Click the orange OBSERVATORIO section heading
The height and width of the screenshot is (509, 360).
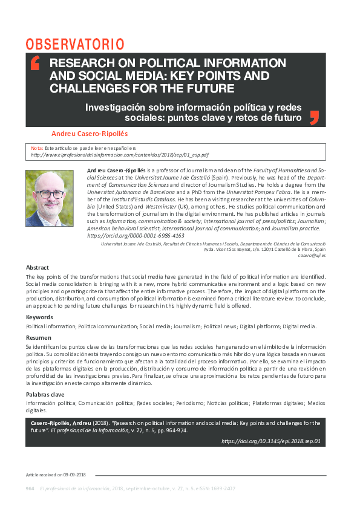[x=75, y=44]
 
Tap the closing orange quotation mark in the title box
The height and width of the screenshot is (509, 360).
[x=313, y=117]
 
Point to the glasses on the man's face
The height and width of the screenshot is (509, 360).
[x=49, y=193]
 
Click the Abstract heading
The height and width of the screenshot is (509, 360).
[x=38, y=267]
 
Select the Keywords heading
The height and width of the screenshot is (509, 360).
[x=39, y=317]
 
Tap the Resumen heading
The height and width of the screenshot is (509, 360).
[x=39, y=337]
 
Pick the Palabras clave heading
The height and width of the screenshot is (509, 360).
[x=45, y=394]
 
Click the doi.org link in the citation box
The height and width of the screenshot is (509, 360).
[x=271, y=441]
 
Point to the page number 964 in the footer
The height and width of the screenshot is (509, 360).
[x=30, y=488]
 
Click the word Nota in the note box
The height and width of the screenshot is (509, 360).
[x=37, y=148]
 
